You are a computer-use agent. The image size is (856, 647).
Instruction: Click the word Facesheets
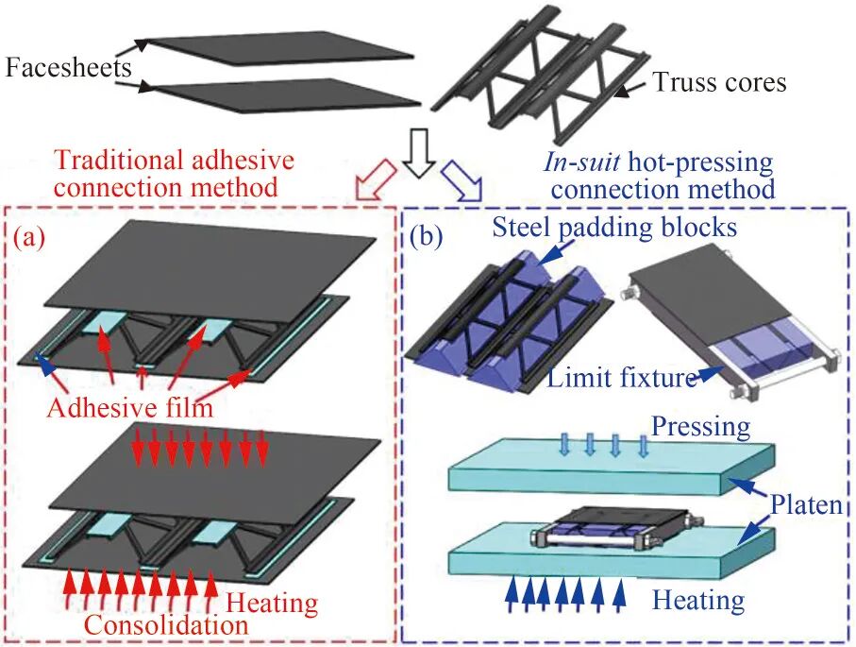coord(69,68)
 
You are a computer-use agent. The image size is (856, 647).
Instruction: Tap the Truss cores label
coord(719,82)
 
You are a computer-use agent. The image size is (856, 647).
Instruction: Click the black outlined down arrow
coord(419,154)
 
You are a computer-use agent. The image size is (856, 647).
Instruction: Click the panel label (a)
coord(29,237)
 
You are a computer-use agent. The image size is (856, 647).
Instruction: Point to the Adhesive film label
coord(129,407)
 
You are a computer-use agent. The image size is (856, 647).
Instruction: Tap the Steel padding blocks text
coord(614,228)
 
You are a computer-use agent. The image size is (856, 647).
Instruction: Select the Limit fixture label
coord(622,377)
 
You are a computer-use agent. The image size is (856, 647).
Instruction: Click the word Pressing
coord(701,427)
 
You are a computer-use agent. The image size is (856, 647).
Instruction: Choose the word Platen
coord(806,505)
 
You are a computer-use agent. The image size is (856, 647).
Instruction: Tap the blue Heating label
coord(698,601)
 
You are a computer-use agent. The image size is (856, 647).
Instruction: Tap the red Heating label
coord(272,604)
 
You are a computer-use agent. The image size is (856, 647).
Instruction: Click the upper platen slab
coord(611,468)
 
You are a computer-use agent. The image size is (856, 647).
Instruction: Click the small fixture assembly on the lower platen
coord(612,527)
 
